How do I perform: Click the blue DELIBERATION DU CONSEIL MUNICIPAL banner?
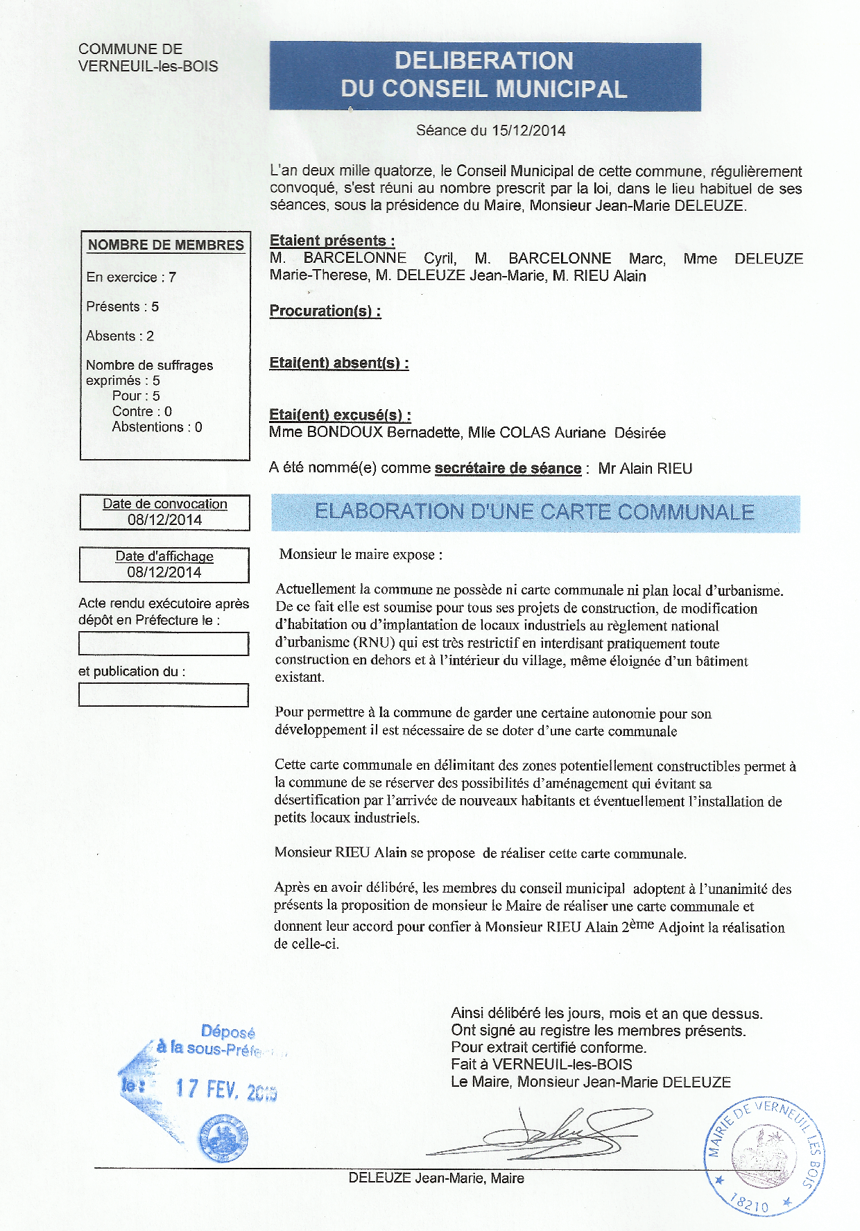[485, 76]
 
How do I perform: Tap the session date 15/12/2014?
[528, 130]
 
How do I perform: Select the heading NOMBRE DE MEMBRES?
[166, 245]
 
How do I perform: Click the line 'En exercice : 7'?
[131, 277]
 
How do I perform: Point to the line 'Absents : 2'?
[120, 336]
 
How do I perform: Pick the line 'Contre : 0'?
[141, 411]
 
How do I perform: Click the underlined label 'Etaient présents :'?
[332, 241]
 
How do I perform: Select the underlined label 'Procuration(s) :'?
[325, 311]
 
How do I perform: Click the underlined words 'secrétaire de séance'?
[508, 468]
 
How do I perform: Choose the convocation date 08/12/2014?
[164, 520]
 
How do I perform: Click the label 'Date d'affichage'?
[164, 556]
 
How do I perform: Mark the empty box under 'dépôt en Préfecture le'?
[164, 644]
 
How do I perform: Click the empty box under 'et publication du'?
[164, 695]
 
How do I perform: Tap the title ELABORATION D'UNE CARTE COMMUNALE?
[534, 513]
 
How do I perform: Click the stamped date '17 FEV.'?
[207, 1089]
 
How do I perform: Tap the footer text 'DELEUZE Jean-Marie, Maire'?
[436, 1178]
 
